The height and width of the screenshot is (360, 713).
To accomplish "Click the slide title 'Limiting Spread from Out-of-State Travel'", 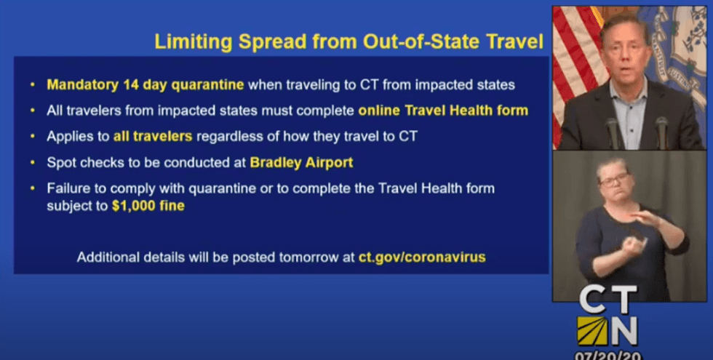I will click(348, 41).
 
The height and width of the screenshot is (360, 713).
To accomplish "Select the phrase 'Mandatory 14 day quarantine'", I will click(145, 85).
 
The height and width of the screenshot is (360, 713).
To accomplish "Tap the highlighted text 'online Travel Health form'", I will click(442, 111).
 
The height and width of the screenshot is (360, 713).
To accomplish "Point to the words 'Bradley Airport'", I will click(301, 162).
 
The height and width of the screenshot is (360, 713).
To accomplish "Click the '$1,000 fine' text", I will click(148, 206).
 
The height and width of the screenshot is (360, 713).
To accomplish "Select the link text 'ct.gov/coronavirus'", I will click(422, 257).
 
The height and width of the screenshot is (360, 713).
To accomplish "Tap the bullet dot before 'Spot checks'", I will click(33, 162).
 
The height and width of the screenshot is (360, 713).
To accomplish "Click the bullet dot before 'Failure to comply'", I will click(33, 188).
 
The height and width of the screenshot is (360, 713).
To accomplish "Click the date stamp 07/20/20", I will click(607, 355).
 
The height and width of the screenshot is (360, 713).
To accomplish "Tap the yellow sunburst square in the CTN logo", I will click(592, 331).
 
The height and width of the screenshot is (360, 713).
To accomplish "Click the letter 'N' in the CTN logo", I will click(623, 331).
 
